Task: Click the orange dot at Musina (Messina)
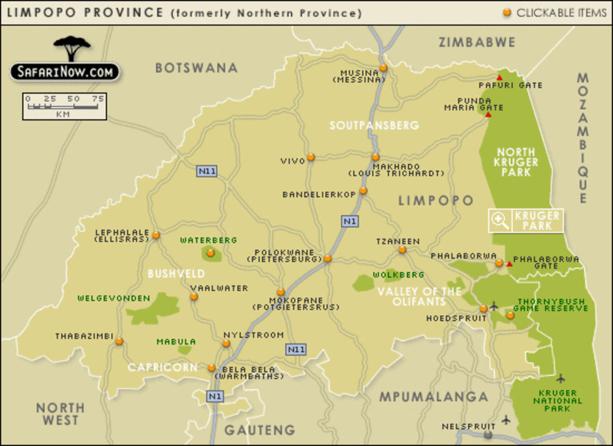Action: (383, 68)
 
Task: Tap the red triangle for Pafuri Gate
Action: (500, 78)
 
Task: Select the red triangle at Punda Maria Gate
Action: (488, 115)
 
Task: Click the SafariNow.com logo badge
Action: (64, 72)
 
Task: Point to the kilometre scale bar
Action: (64, 106)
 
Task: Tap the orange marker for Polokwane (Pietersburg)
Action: (327, 259)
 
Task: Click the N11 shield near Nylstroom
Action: (296, 349)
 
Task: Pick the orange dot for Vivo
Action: (311, 157)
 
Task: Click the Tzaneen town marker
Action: (402, 250)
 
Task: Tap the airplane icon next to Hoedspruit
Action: (493, 307)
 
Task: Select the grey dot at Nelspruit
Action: (488, 435)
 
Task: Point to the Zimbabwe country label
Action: (477, 42)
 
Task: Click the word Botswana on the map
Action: (197, 68)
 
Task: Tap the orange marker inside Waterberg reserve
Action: (210, 253)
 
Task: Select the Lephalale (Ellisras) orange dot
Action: (156, 236)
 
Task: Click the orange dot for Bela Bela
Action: (211, 368)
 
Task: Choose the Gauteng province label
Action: (260, 430)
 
